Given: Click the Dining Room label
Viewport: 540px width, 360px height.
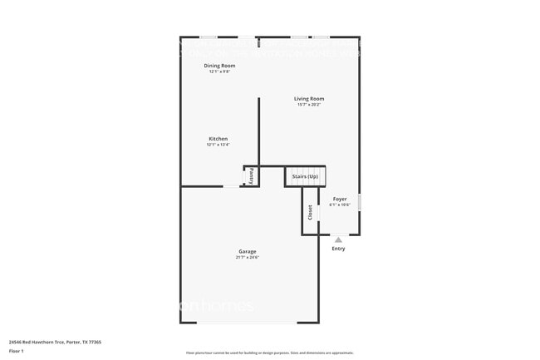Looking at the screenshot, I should (x=219, y=66).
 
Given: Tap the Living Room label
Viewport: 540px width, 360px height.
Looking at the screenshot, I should (x=308, y=99).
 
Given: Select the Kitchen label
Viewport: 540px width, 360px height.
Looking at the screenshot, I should (x=218, y=139).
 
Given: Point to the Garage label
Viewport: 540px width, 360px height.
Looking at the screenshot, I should (x=248, y=251).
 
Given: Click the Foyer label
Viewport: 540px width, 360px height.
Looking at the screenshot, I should (x=340, y=199).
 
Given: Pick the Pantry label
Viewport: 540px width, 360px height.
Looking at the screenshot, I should (x=252, y=176).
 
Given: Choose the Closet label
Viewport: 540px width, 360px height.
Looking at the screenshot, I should (x=311, y=213).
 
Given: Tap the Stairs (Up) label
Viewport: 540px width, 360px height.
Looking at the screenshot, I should (x=305, y=176).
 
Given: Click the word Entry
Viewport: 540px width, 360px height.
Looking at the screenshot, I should (x=338, y=249).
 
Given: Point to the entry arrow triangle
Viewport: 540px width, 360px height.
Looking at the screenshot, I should (x=338, y=239).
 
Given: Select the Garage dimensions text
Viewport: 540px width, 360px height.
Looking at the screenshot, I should (x=248, y=258).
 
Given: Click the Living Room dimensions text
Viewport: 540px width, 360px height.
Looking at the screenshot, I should (x=308, y=105).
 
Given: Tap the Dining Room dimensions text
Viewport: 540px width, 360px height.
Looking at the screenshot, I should (x=219, y=72).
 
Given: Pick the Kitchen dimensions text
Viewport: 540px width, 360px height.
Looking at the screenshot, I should (x=218, y=145).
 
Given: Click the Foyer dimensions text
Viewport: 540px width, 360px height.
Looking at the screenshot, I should (x=340, y=205).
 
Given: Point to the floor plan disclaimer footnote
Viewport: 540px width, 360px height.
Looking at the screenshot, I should (x=270, y=353).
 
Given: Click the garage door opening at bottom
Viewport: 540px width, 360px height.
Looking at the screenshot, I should (x=249, y=323).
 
